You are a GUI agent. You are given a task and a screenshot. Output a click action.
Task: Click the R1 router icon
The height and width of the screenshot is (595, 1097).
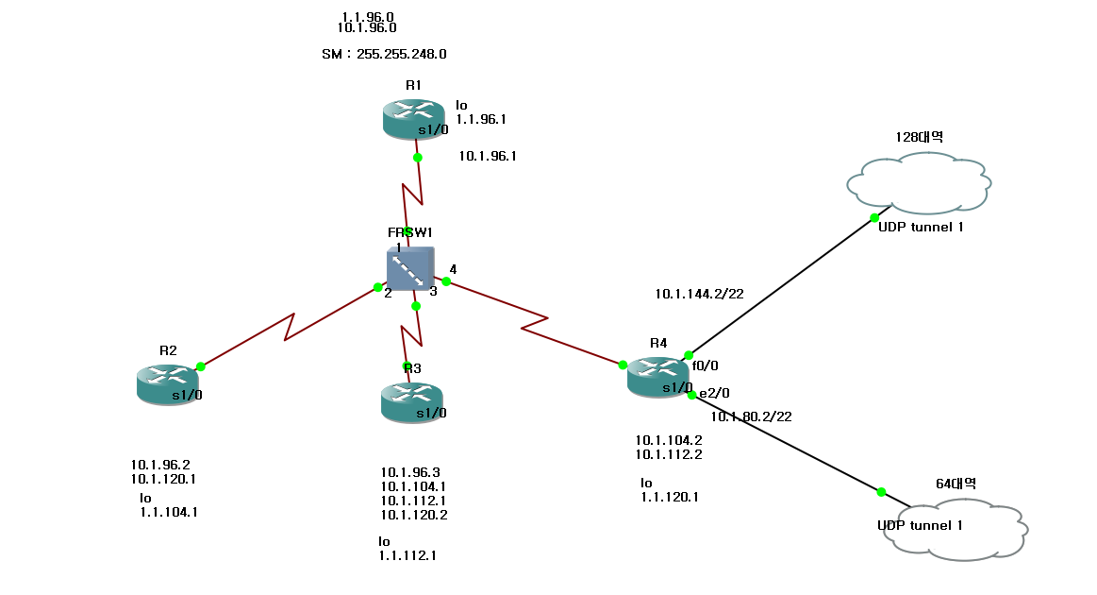coord(413,119)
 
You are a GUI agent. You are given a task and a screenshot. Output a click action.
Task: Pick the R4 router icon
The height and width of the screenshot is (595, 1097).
coord(658,377)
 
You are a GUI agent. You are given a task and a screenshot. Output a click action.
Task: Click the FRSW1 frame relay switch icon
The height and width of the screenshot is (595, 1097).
coord(410,269)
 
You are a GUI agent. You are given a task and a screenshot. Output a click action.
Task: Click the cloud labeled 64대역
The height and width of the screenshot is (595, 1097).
coord(955,530)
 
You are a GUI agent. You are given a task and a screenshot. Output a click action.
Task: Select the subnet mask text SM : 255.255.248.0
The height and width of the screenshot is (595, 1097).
coord(384,54)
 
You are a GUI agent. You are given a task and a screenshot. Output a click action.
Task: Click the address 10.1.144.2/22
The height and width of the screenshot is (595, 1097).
coord(699,294)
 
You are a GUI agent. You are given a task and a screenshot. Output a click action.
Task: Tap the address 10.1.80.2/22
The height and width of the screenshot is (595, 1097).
coord(751,416)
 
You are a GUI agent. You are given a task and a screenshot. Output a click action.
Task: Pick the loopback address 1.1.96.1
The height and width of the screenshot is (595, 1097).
coord(481,120)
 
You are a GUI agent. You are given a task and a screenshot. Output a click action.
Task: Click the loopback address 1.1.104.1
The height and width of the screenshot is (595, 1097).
coord(169,513)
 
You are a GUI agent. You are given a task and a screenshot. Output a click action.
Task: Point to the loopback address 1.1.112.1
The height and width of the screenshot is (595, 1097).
coord(407,555)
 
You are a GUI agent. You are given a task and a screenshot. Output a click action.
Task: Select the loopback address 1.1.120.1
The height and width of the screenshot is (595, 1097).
coord(670,497)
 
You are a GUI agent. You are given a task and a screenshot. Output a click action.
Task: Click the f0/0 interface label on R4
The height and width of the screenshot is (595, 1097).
coord(705,365)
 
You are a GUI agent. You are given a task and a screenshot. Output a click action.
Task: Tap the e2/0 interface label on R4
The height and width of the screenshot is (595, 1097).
coord(714,393)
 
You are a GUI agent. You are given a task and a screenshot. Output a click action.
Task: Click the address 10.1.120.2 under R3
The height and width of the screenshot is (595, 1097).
coord(414,515)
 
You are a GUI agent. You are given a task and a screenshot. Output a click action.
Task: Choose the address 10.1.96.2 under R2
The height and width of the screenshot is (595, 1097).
coord(160,464)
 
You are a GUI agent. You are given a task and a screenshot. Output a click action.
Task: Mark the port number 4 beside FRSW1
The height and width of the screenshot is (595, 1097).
coord(453,269)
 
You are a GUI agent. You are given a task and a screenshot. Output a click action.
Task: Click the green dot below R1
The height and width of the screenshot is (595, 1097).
coord(417,158)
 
